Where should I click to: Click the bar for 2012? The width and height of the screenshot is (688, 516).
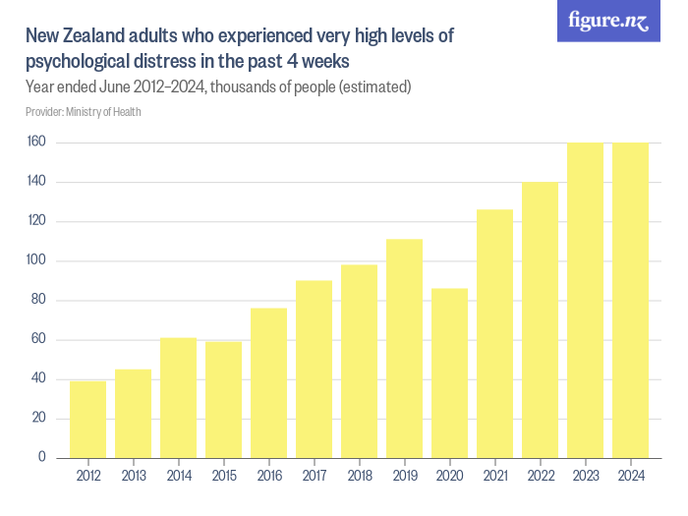[x=87, y=420]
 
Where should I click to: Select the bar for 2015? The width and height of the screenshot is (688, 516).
[x=223, y=400]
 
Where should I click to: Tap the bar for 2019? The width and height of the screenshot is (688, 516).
[x=404, y=349]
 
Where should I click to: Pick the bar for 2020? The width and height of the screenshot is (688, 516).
[x=449, y=373]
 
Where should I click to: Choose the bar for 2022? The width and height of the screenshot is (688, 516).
[x=540, y=320]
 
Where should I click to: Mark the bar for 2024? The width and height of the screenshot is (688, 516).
[x=630, y=301]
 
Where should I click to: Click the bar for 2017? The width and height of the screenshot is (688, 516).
[x=314, y=370]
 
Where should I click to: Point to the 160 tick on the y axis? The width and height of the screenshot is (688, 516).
[x=37, y=143]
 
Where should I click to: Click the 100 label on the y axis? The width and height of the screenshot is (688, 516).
[x=37, y=261]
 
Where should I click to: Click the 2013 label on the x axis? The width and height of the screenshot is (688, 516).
[x=133, y=477]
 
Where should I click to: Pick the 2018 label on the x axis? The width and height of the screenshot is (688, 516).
[x=359, y=477]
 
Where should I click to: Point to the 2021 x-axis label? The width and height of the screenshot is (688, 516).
[x=494, y=477]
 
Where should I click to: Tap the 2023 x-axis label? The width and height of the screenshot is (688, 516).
[x=585, y=477]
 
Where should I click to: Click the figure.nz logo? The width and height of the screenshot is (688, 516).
[x=608, y=22]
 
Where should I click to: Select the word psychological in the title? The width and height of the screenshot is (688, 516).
[x=78, y=61]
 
